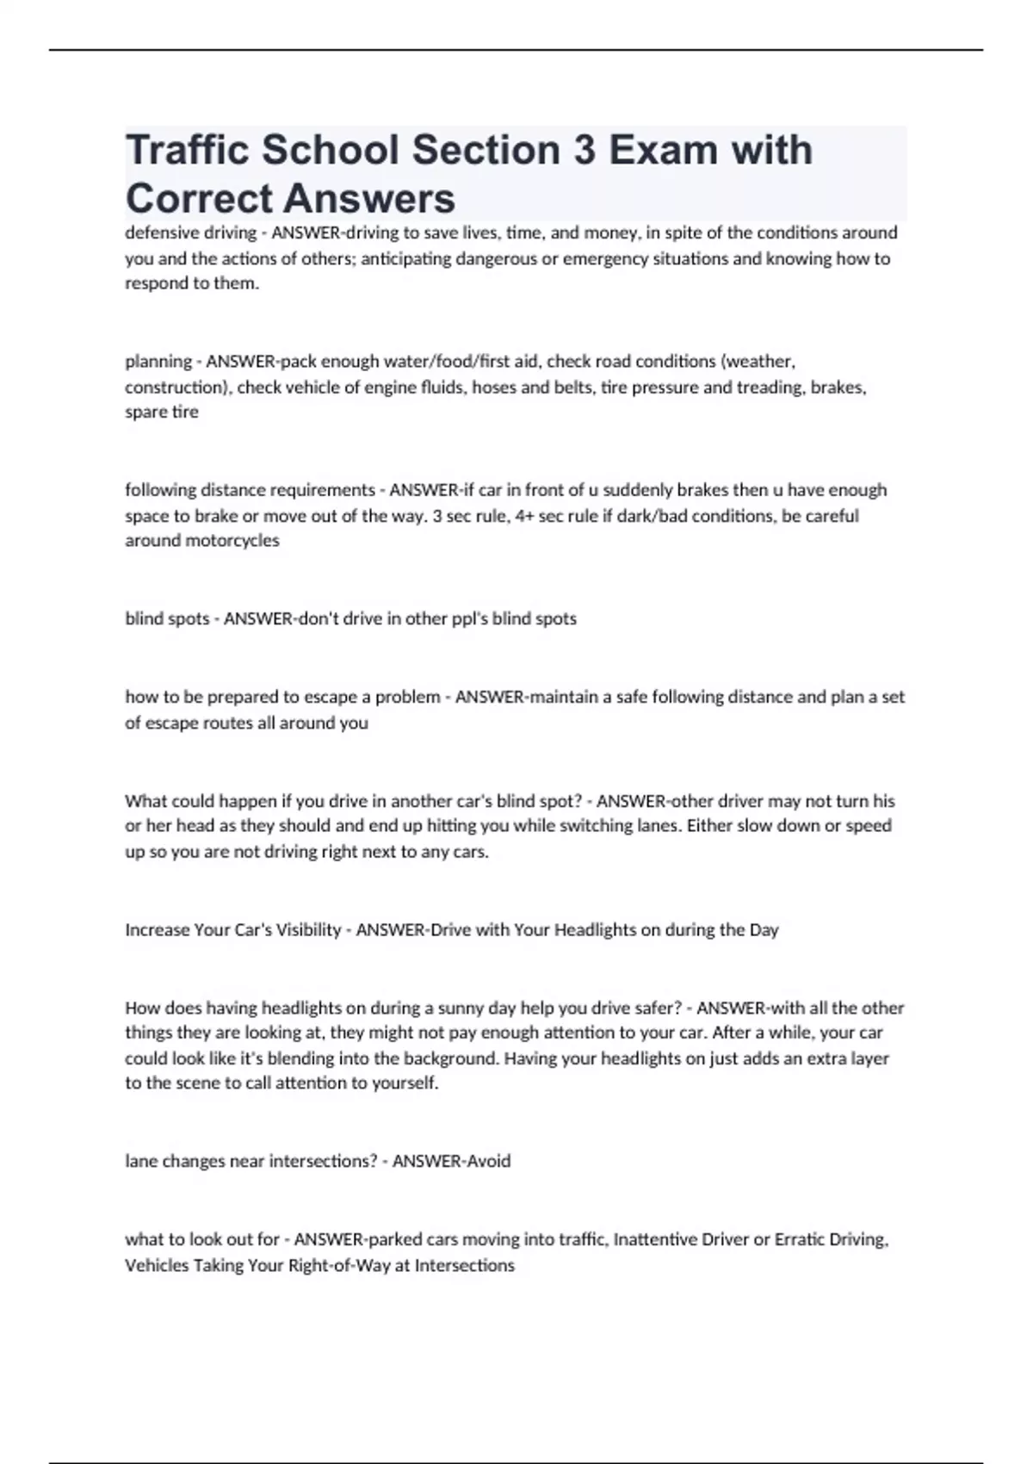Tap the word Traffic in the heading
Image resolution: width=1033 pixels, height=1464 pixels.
pos(188,151)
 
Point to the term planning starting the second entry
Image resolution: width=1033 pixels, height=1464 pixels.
pos(158,362)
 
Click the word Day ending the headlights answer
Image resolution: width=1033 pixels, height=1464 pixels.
pos(764,930)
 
